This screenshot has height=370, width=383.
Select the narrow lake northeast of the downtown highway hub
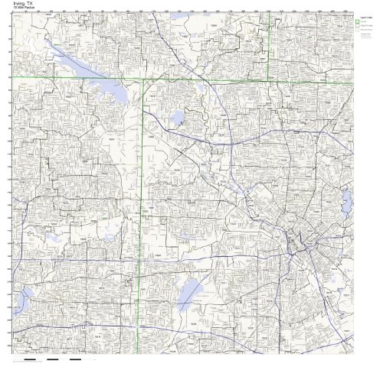[346, 203]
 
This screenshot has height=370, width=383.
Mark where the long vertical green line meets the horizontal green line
[143, 80]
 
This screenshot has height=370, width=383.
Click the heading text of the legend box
[364, 17]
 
